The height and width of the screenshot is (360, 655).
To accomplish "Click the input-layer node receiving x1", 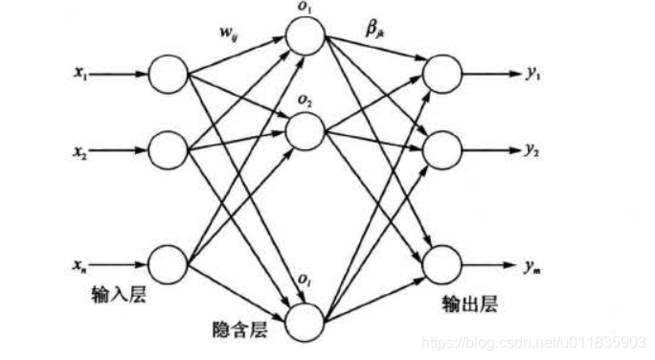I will coord(169,75).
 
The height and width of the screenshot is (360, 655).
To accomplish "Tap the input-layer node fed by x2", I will coord(169,150).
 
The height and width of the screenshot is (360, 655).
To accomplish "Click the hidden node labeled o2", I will coord(304,131).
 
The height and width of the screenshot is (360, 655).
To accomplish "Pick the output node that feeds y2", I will coord(441,149).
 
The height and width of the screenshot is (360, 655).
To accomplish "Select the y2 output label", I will coord(531,150).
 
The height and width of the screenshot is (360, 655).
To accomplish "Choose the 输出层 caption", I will coord(466,304).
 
